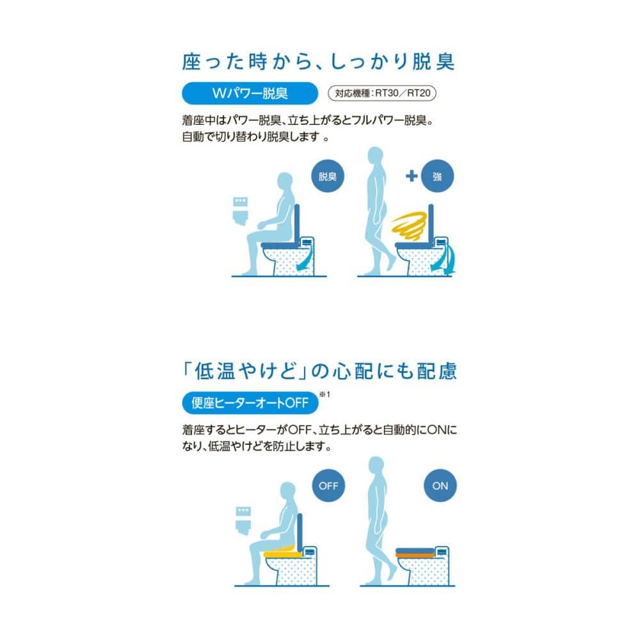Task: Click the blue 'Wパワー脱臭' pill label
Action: point(250,93)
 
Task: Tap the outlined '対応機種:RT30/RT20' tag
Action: point(382,93)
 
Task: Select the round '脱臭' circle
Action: point(327,176)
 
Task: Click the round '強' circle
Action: point(437,176)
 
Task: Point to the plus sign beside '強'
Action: point(412,176)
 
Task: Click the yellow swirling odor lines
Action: point(409,226)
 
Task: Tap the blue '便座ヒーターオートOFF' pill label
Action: point(250,403)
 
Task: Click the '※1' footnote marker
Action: point(324,394)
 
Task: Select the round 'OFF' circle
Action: point(328,485)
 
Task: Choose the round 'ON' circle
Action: point(440,485)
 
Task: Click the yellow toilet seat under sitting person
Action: point(284,553)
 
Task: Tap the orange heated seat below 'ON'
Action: point(415,555)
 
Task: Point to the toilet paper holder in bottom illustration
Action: point(243,520)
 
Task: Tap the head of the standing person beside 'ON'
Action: point(376,465)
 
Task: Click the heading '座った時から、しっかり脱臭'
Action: point(318,61)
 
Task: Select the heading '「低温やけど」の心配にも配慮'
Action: point(319,371)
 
